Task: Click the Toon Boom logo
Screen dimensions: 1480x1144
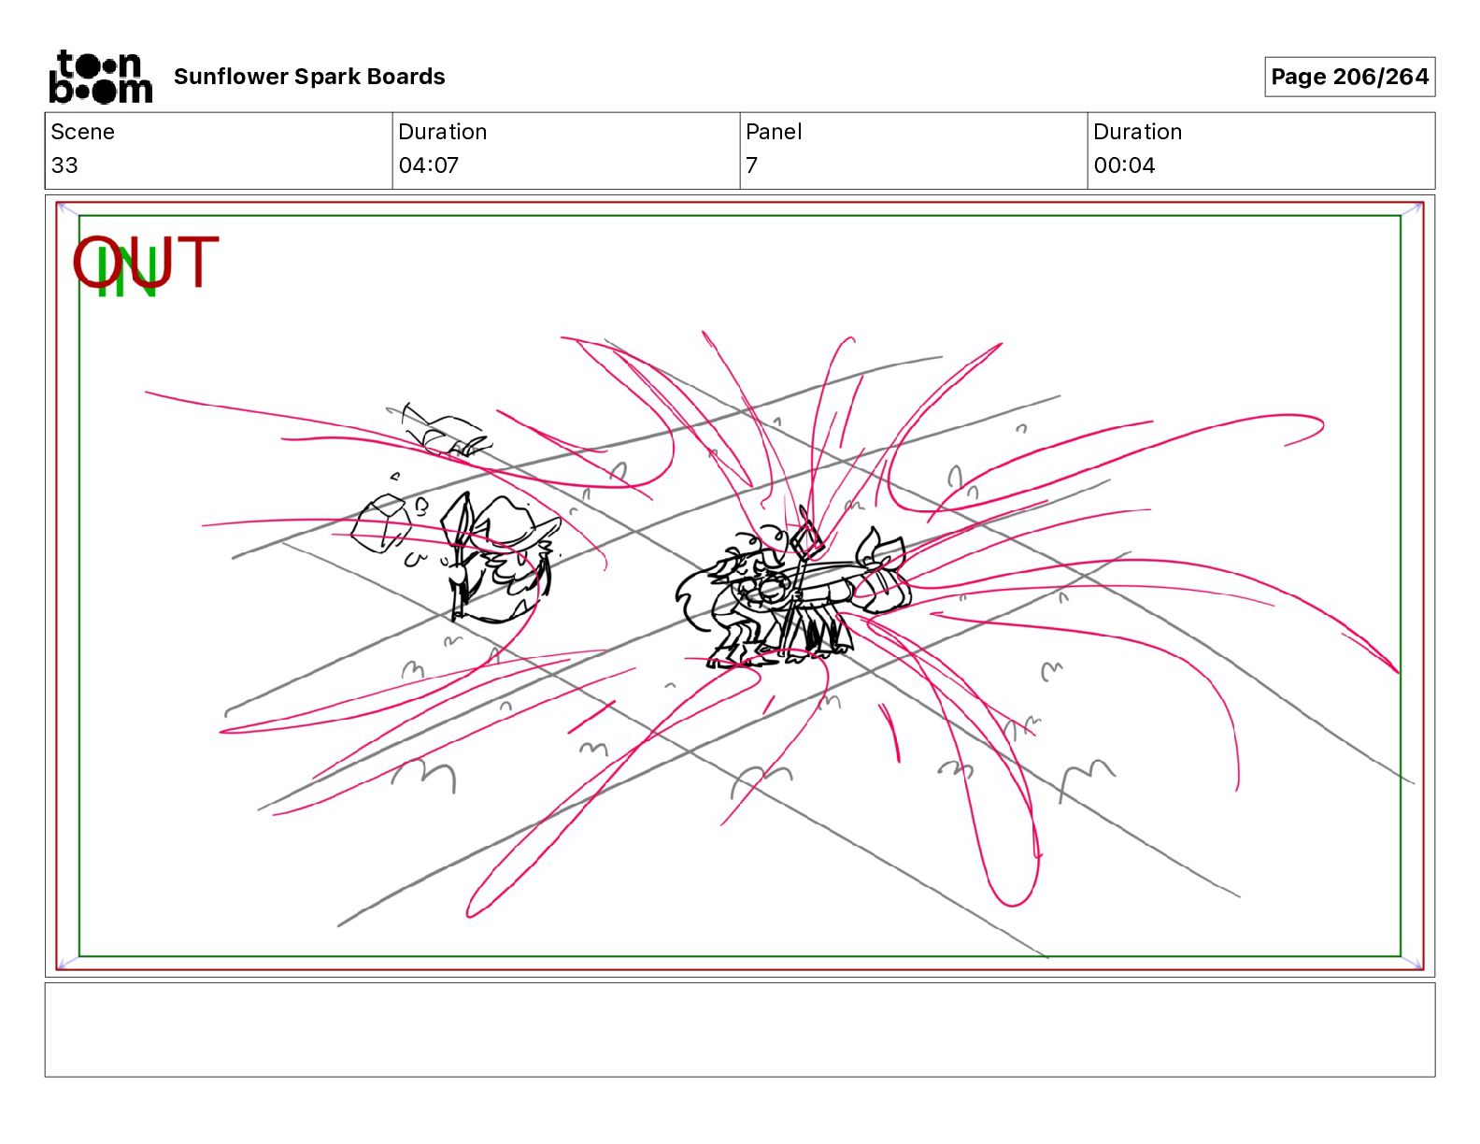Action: (x=101, y=77)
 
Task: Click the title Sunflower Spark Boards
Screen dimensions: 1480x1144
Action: (x=309, y=77)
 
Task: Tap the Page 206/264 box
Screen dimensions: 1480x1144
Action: (x=1349, y=77)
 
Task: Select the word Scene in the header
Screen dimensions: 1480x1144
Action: (x=82, y=132)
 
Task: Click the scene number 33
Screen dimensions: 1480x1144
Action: (x=64, y=164)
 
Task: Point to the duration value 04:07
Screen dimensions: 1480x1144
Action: (x=429, y=164)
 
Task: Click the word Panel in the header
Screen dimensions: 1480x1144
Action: (x=774, y=132)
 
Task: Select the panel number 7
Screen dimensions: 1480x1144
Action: (x=751, y=164)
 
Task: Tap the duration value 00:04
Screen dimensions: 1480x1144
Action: (x=1124, y=164)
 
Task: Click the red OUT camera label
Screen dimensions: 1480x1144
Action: (x=146, y=262)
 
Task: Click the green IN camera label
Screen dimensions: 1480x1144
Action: (x=127, y=270)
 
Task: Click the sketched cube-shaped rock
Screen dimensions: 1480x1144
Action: (x=381, y=522)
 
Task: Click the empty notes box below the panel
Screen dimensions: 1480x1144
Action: (x=740, y=1030)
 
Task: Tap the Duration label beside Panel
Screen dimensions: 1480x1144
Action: (x=1137, y=132)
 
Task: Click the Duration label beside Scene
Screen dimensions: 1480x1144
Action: (x=443, y=132)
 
